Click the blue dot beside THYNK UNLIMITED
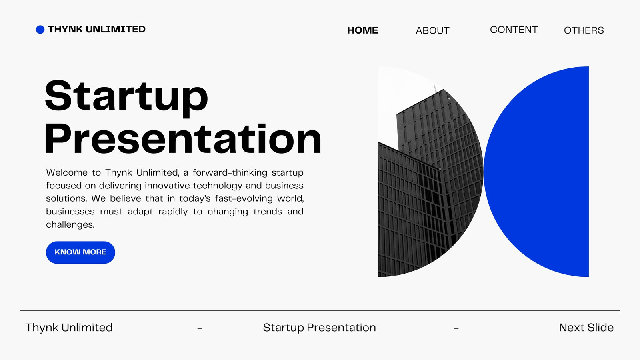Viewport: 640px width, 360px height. [40, 30]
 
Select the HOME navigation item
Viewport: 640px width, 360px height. [362, 30]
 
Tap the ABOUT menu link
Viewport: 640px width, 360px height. [432, 30]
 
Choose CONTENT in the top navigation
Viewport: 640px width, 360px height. [514, 30]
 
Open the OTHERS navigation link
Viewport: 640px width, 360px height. [584, 30]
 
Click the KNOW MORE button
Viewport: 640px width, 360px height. [80, 252]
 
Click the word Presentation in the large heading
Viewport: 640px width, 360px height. [183, 140]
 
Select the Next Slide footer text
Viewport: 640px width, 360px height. [586, 328]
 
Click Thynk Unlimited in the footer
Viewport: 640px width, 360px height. [69, 328]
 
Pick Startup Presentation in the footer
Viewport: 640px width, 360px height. [320, 328]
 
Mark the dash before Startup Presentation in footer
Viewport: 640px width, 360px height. [200, 328]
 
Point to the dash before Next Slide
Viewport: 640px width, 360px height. [456, 328]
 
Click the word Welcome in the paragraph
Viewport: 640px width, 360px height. [67, 172]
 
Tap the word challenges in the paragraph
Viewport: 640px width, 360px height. [70, 224]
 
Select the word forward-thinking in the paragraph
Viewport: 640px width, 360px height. [230, 172]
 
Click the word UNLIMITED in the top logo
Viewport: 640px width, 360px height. [116, 29]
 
